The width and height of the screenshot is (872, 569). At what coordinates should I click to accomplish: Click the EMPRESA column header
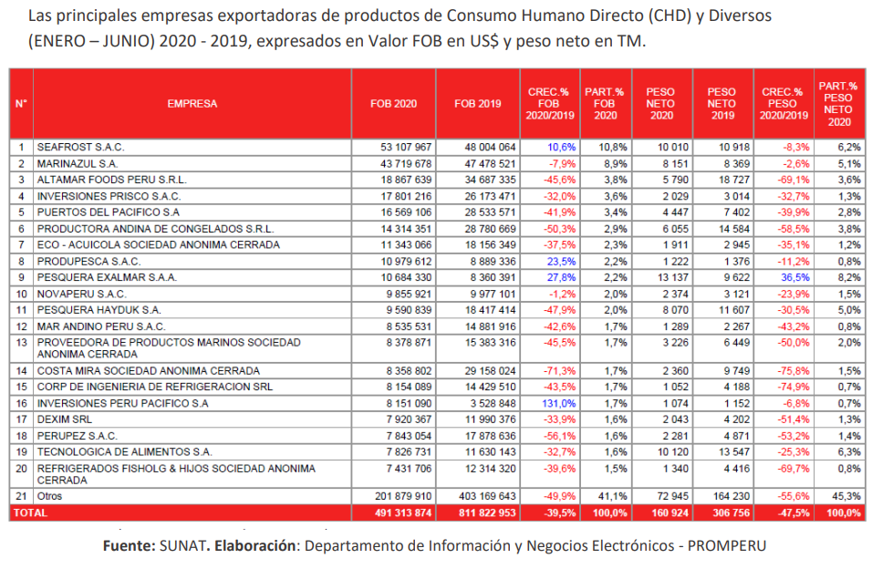click(x=192, y=103)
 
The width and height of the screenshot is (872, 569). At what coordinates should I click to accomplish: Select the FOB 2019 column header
click(x=477, y=103)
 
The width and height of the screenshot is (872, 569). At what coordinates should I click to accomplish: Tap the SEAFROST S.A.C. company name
click(x=79, y=147)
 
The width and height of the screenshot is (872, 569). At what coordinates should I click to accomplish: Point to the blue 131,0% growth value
click(x=555, y=404)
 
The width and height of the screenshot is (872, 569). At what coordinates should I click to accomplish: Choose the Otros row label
click(x=49, y=495)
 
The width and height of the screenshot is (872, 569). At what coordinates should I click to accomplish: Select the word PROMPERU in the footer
click(x=726, y=545)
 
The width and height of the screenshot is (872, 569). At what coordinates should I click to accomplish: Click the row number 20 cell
click(x=21, y=469)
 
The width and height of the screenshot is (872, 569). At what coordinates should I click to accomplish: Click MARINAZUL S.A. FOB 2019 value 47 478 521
click(x=486, y=163)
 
